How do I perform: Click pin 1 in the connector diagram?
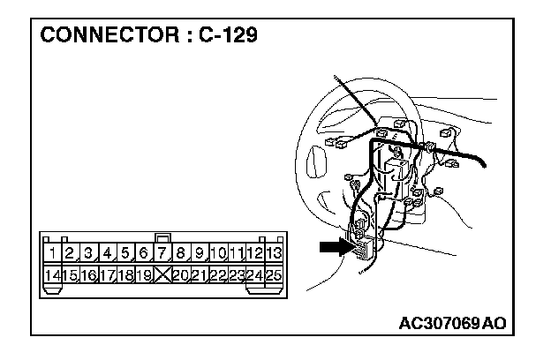point(54,254)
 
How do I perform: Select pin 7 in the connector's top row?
point(162,254)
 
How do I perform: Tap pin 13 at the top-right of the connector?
point(274,254)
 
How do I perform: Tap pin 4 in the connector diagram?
point(108,254)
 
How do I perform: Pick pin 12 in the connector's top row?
point(255,254)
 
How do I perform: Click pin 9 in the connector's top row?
point(200,254)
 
